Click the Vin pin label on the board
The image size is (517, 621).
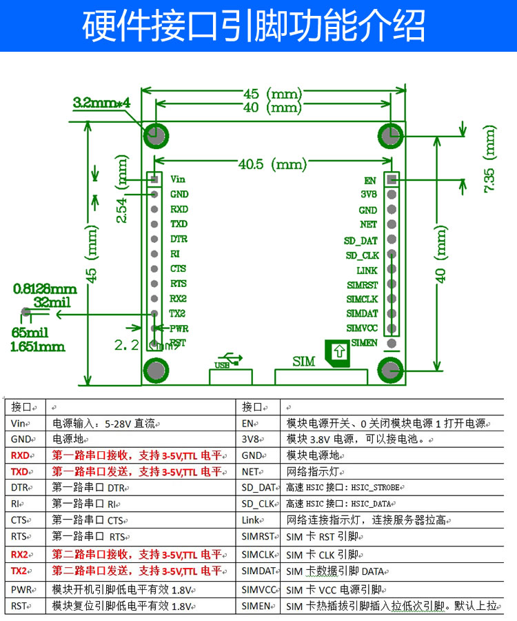tap(178, 179)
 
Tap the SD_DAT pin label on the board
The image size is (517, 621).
tap(361, 240)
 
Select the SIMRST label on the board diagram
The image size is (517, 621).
tap(362, 284)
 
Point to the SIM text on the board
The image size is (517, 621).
tap(303, 361)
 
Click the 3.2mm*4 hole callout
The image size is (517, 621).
tap(101, 103)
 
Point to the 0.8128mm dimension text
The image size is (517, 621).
tap(45, 289)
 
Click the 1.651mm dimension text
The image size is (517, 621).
tap(38, 346)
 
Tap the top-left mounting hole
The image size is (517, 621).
tap(156, 134)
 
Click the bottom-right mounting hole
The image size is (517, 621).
tap(391, 370)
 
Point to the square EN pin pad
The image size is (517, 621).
tap(391, 180)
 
